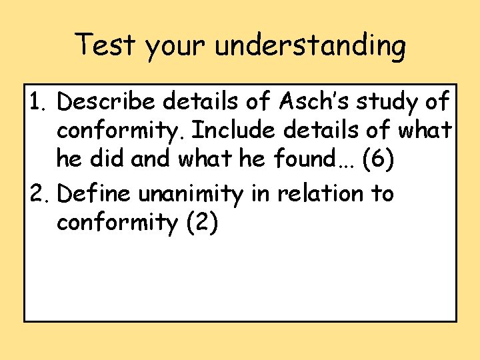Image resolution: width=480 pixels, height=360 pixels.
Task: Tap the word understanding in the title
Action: (x=310, y=47)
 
